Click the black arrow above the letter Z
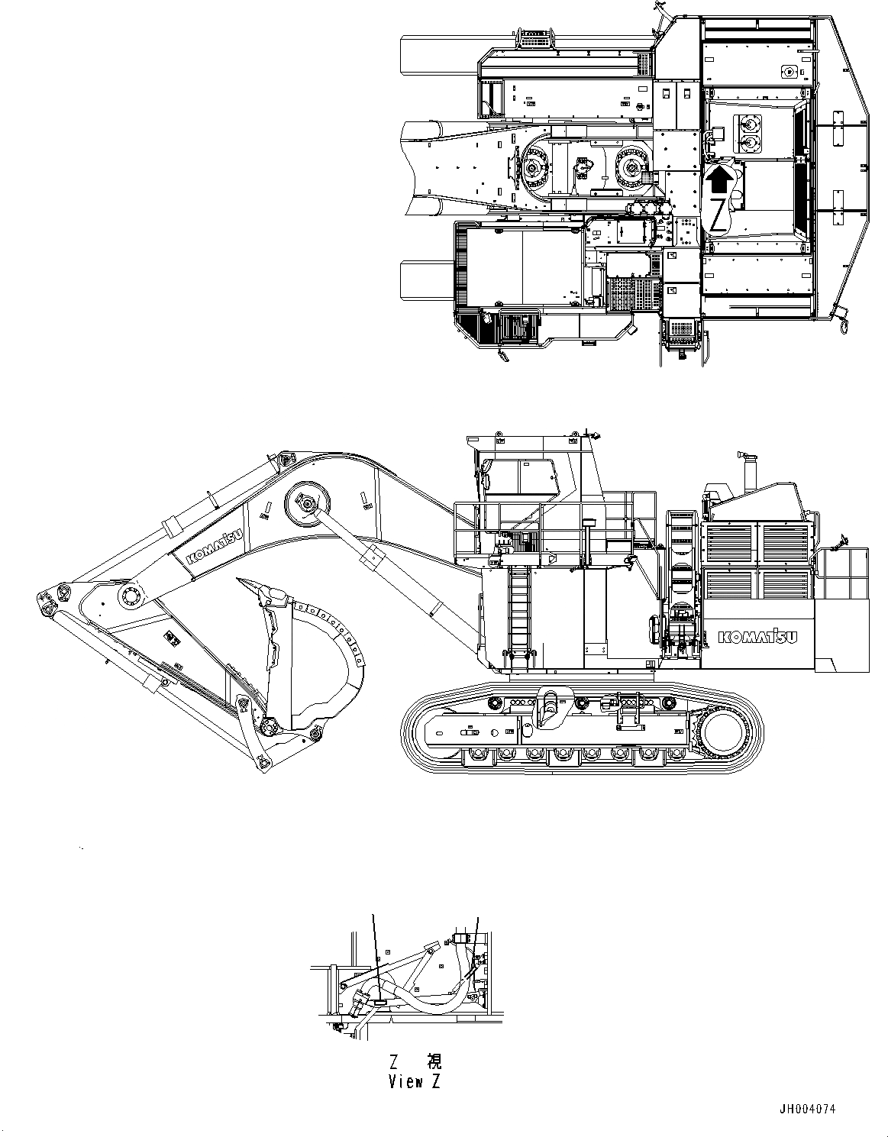click(718, 181)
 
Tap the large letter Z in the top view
click(718, 215)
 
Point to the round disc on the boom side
click(308, 503)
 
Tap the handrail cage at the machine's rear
click(848, 573)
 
